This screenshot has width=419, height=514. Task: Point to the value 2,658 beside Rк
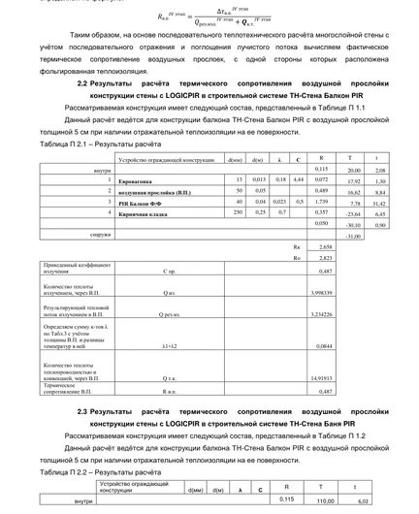324,247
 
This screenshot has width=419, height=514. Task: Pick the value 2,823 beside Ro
324,258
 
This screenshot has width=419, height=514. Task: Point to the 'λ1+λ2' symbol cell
170,344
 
